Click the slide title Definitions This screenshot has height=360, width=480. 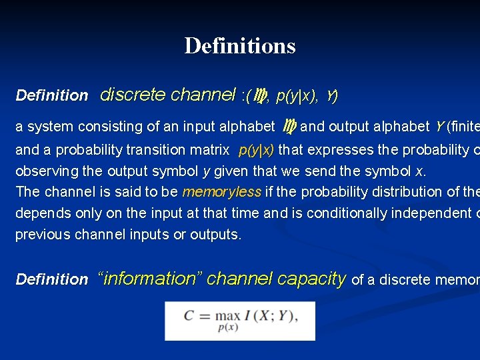(x=240, y=46)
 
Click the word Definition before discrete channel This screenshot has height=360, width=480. (x=52, y=96)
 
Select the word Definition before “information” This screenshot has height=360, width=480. (x=52, y=280)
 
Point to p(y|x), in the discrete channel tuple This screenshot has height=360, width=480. (x=297, y=96)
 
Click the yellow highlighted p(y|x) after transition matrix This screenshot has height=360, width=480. (x=256, y=149)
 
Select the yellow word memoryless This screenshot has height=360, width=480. (x=222, y=192)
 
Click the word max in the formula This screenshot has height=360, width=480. (x=227, y=315)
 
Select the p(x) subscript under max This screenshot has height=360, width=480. (x=228, y=327)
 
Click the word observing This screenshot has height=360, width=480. (x=46, y=171)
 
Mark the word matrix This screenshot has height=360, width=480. (x=206, y=149)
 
